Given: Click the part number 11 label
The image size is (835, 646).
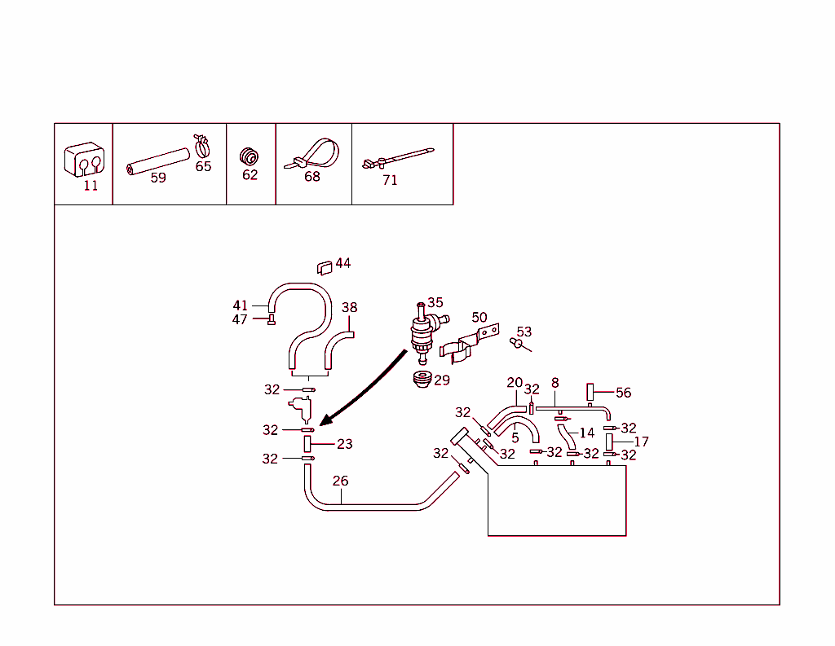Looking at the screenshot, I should [x=91, y=186].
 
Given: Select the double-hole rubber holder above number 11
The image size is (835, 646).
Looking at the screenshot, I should [x=85, y=160].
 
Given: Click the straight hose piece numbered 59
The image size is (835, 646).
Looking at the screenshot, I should [x=157, y=160].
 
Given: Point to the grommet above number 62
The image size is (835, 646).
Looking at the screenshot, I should [x=249, y=155].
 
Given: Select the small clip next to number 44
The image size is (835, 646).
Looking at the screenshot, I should [x=325, y=266].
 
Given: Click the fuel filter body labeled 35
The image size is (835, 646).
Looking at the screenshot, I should [x=422, y=332].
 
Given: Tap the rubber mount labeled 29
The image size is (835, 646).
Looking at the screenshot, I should [x=421, y=379].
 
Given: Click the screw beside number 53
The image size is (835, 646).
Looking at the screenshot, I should [x=517, y=344].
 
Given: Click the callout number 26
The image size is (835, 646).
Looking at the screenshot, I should [x=340, y=481].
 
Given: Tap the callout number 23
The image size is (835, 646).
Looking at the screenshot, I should [x=345, y=444].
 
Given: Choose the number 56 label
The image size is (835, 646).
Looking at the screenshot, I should [x=623, y=393].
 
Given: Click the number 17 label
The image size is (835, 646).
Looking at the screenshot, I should [x=641, y=442].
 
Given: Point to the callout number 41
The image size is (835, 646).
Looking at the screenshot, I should [x=241, y=305].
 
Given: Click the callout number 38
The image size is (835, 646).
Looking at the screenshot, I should [x=349, y=308].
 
